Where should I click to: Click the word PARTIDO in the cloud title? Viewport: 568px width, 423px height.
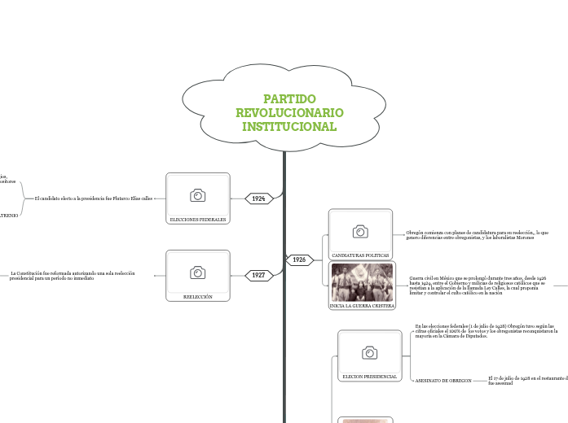[289, 98]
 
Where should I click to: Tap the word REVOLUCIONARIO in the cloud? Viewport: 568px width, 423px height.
[289, 112]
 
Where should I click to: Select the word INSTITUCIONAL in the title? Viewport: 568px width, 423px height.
[289, 127]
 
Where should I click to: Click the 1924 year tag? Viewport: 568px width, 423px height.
[258, 198]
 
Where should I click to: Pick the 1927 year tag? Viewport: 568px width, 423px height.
[258, 275]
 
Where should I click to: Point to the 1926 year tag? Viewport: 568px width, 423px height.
[299, 259]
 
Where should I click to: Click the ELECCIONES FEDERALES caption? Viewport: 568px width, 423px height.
[197, 220]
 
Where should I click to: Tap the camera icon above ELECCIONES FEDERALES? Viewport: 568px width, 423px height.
[197, 195]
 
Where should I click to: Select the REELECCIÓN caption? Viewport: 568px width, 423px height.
[197, 297]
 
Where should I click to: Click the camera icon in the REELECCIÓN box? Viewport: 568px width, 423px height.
[197, 272]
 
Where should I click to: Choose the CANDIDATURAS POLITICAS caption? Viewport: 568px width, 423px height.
[360, 255]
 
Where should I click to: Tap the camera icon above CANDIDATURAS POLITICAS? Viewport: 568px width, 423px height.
[360, 232]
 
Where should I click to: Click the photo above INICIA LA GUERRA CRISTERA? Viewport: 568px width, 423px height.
[361, 282]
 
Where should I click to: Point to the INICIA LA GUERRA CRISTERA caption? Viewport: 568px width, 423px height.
[361, 306]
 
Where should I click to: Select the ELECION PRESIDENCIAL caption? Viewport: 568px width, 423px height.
[370, 377]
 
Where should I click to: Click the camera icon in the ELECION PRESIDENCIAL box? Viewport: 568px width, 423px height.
[370, 352]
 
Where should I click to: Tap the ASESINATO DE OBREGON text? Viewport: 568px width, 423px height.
[443, 381]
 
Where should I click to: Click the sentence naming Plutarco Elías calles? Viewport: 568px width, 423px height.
[94, 198]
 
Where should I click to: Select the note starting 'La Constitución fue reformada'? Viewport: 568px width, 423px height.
[73, 275]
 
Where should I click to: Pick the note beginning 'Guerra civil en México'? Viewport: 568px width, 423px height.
[477, 285]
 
